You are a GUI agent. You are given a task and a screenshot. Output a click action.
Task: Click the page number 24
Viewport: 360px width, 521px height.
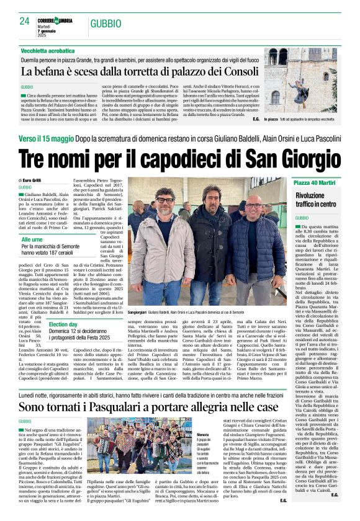[24, 21]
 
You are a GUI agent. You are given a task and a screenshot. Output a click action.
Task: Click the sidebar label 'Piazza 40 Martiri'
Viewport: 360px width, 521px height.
[315, 183]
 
